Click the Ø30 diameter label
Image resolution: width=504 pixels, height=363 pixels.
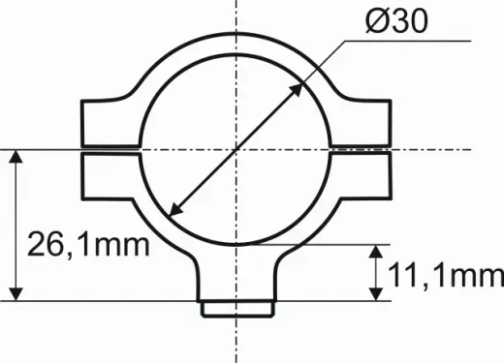(396, 20)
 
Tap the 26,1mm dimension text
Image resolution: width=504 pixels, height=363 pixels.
(88, 244)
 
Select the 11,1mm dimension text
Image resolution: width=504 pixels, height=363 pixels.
(446, 275)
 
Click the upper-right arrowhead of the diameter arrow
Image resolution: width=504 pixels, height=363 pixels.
(296, 90)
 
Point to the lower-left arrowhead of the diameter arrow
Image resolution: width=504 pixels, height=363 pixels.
(176, 209)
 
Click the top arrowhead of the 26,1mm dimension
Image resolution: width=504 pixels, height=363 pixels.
(16, 157)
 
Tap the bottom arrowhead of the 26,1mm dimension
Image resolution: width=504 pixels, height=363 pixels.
(16, 294)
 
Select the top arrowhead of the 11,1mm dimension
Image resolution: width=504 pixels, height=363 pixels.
(376, 252)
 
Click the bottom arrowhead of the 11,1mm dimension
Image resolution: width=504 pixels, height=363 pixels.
(376, 294)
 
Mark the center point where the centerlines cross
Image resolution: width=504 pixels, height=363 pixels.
(236, 150)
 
